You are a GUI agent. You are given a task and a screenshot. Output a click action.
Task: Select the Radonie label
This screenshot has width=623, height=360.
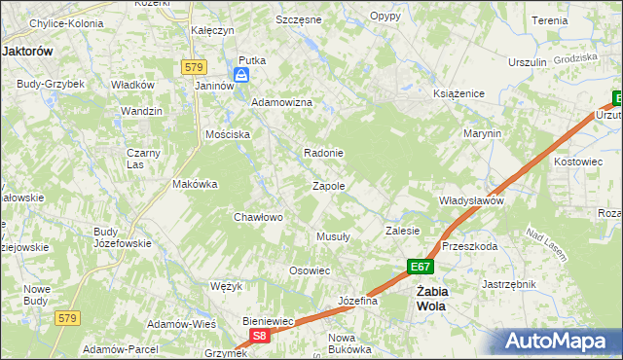324,153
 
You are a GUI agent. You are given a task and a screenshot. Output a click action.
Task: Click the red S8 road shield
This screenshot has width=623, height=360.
258,336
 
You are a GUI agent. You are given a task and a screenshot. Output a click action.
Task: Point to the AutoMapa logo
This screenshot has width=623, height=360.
559,342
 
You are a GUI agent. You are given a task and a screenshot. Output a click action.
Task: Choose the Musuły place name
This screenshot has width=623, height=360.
334,236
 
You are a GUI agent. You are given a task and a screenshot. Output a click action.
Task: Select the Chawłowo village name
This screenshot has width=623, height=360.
258,217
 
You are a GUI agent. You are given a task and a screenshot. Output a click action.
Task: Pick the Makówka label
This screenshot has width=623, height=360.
194,184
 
